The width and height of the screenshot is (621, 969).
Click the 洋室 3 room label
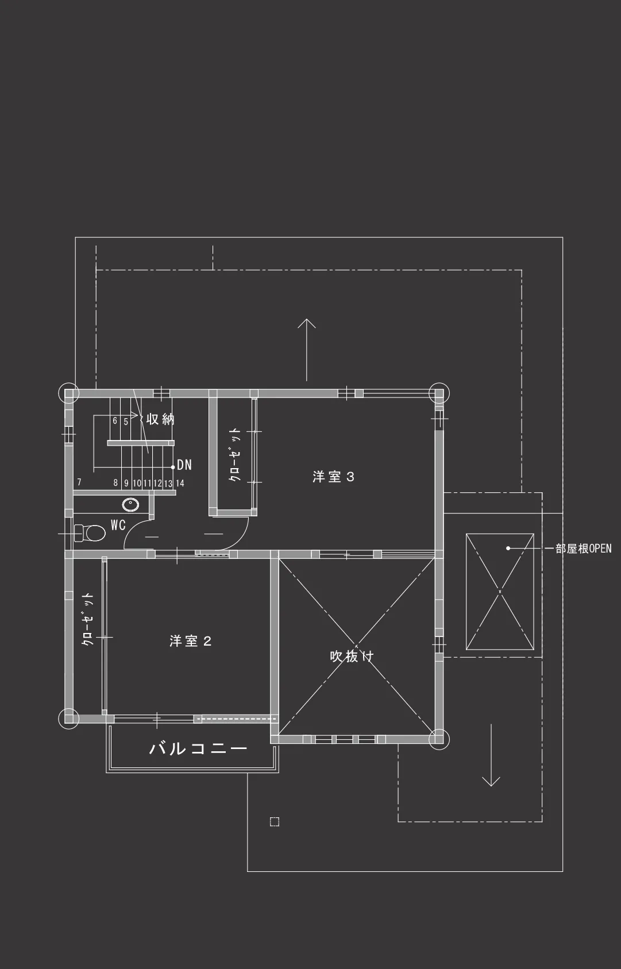333,477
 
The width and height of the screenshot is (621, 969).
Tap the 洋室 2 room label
190,640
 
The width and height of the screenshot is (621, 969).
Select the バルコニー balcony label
198,748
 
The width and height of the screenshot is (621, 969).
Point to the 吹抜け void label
352,656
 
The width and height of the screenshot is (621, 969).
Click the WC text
118,525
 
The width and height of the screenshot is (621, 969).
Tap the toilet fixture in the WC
90,533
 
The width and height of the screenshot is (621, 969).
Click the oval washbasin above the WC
130,504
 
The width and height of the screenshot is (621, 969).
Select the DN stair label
184,465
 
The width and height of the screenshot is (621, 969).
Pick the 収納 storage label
160,419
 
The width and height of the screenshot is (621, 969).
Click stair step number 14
180,483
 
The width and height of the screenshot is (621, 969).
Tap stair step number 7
79,482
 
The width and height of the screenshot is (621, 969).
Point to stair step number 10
137,483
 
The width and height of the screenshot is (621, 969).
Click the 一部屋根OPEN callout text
583,549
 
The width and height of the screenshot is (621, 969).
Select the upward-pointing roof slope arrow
307,350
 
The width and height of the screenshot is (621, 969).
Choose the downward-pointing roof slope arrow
491,755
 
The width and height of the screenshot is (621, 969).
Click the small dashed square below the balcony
275,822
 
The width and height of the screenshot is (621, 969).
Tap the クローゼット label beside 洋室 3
234,455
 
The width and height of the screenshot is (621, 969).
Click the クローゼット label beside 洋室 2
87,619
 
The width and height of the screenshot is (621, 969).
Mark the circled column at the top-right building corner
439,393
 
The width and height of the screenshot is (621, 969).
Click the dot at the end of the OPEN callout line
508,548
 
